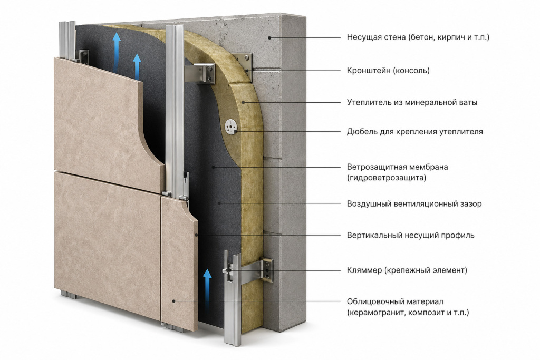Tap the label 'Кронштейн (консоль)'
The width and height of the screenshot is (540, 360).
(388, 71)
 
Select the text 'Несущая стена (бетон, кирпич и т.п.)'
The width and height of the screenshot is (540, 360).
(418, 37)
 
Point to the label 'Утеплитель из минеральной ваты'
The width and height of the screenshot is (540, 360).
(412, 102)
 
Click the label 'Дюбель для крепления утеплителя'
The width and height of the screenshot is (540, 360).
(414, 131)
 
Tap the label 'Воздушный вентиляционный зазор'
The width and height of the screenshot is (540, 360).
(414, 204)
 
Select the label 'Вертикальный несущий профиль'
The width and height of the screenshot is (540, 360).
(410, 236)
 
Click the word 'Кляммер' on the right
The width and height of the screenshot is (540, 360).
(364, 270)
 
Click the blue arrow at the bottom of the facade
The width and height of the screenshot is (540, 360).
(207, 291)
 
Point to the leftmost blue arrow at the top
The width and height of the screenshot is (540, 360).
(117, 52)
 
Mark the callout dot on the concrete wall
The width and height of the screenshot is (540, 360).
(269, 37)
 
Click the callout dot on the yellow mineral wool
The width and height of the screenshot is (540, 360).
(243, 102)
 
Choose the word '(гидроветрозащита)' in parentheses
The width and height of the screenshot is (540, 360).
(387, 178)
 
